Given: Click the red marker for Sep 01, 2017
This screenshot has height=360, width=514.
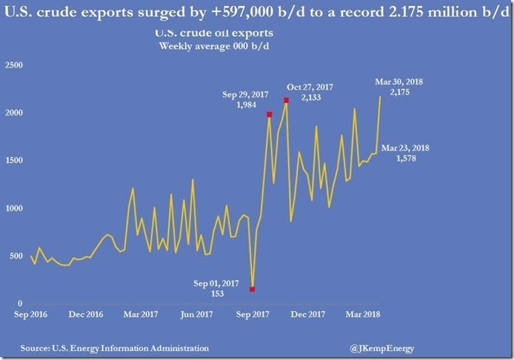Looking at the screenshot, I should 253,290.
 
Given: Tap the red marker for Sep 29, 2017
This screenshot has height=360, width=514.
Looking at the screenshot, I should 270,115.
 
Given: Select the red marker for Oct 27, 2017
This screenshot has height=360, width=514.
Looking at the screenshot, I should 286,101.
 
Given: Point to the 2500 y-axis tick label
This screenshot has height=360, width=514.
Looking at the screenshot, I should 14,66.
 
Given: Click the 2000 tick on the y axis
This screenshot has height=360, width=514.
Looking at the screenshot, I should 14,113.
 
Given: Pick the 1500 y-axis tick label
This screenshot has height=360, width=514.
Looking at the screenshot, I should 14,161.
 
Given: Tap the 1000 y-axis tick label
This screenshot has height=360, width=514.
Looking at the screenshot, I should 14,209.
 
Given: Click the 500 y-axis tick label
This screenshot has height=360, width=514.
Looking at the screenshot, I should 16,256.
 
